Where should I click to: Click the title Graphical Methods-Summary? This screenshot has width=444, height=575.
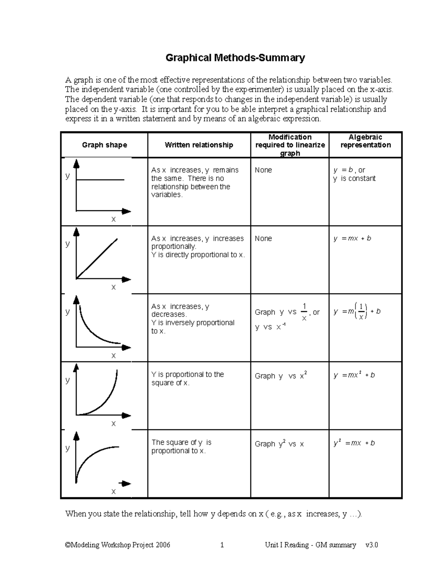[235, 58]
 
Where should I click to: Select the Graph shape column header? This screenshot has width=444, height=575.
[104, 145]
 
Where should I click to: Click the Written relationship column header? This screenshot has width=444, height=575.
[199, 145]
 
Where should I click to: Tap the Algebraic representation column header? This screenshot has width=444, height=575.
[366, 141]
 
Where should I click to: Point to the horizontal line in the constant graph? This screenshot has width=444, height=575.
[100, 180]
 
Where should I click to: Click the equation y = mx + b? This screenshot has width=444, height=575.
[352, 238]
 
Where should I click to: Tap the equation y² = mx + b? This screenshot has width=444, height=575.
[354, 443]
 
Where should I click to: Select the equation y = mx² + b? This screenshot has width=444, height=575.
[354, 375]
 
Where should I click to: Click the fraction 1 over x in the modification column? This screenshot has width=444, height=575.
[304, 312]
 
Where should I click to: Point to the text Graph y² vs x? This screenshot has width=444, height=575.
[279, 444]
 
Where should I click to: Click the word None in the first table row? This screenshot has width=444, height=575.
[263, 170]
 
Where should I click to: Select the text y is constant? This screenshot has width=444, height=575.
[354, 178]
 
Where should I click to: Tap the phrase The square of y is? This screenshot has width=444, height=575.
[181, 442]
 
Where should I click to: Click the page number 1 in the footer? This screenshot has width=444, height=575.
[222, 545]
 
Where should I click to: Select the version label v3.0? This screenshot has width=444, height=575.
[371, 545]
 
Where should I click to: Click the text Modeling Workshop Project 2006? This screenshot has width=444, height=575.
[118, 545]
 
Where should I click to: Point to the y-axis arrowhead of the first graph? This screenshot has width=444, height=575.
[76, 163]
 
